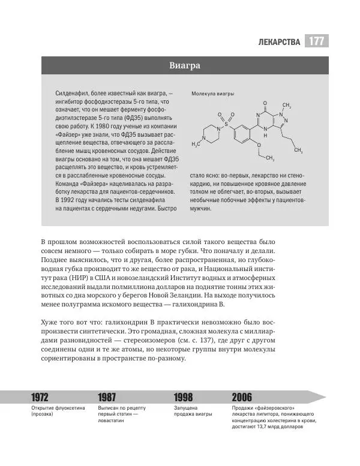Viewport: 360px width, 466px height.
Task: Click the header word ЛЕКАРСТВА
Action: (279, 42)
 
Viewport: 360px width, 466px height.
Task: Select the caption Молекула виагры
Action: (213, 94)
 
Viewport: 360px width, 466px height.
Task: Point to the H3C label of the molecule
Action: (195, 145)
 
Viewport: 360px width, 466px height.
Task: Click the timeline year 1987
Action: (107, 397)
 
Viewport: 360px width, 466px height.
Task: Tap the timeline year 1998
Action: (184, 397)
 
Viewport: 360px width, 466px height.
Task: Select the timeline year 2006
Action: (242, 397)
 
